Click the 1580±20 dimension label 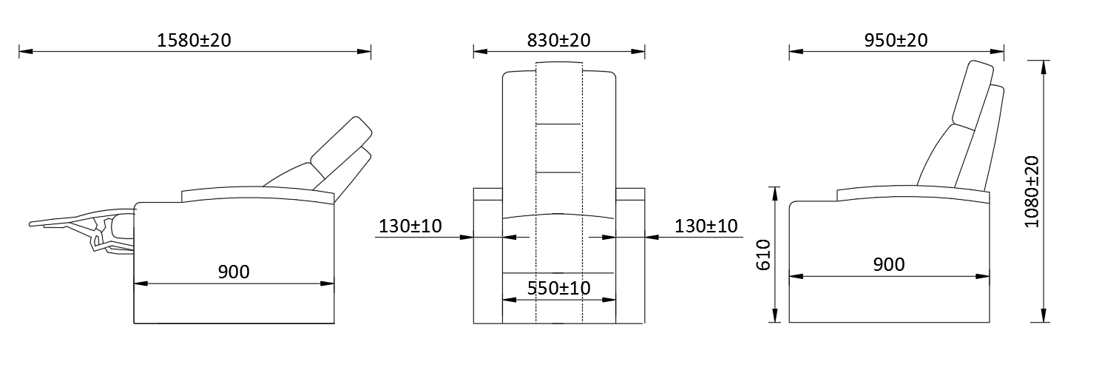[x=195, y=40]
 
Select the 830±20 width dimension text [x=559, y=40]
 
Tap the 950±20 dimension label [x=896, y=40]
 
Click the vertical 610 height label [x=764, y=255]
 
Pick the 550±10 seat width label [x=559, y=288]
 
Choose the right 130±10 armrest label [x=706, y=226]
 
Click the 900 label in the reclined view [x=234, y=272]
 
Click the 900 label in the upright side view [x=889, y=264]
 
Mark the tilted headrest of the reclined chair [x=341, y=141]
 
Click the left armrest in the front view [x=487, y=252]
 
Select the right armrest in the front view [x=630, y=252]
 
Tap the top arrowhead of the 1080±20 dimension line [x=1044, y=65]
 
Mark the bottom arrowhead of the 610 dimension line [x=774, y=318]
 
